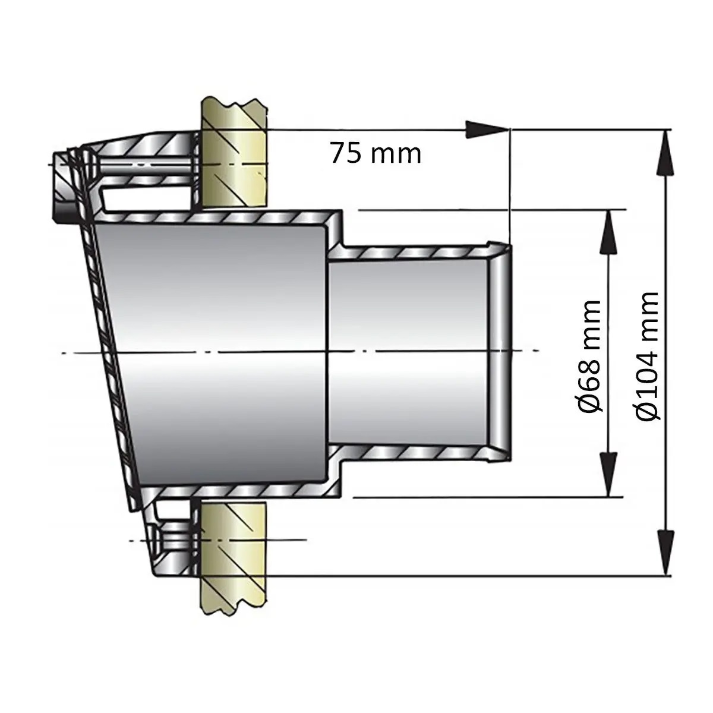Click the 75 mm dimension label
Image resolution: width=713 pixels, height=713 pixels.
click(x=376, y=153)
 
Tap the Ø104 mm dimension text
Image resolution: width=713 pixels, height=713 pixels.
click(x=646, y=355)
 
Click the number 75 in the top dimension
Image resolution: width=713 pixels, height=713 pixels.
click(x=345, y=153)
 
